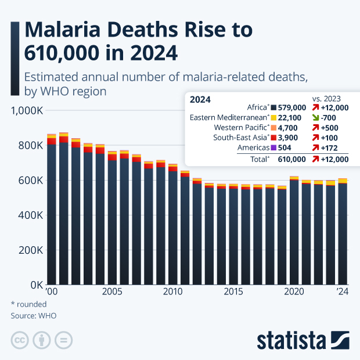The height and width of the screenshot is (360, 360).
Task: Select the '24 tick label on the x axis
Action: tap(343, 291)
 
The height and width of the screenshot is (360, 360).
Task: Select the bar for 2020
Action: tap(294, 232)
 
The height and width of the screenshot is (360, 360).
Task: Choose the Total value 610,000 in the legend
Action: tap(291, 159)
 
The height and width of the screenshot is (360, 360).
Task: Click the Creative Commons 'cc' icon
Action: tap(20, 340)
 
